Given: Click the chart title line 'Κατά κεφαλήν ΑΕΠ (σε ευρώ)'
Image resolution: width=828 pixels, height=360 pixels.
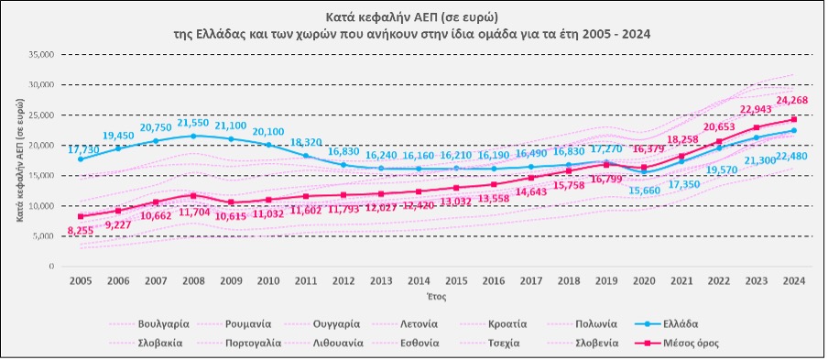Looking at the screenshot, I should (413, 16).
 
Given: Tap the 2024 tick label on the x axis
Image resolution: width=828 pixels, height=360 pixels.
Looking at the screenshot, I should (793, 281).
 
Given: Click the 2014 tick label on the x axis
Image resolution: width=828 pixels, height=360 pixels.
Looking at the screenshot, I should (419, 281).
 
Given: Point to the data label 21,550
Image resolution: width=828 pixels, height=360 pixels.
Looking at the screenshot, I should (191, 123).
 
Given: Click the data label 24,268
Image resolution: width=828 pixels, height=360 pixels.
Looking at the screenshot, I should (793, 100).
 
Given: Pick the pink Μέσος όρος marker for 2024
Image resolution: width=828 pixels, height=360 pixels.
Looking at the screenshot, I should (793, 119).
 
